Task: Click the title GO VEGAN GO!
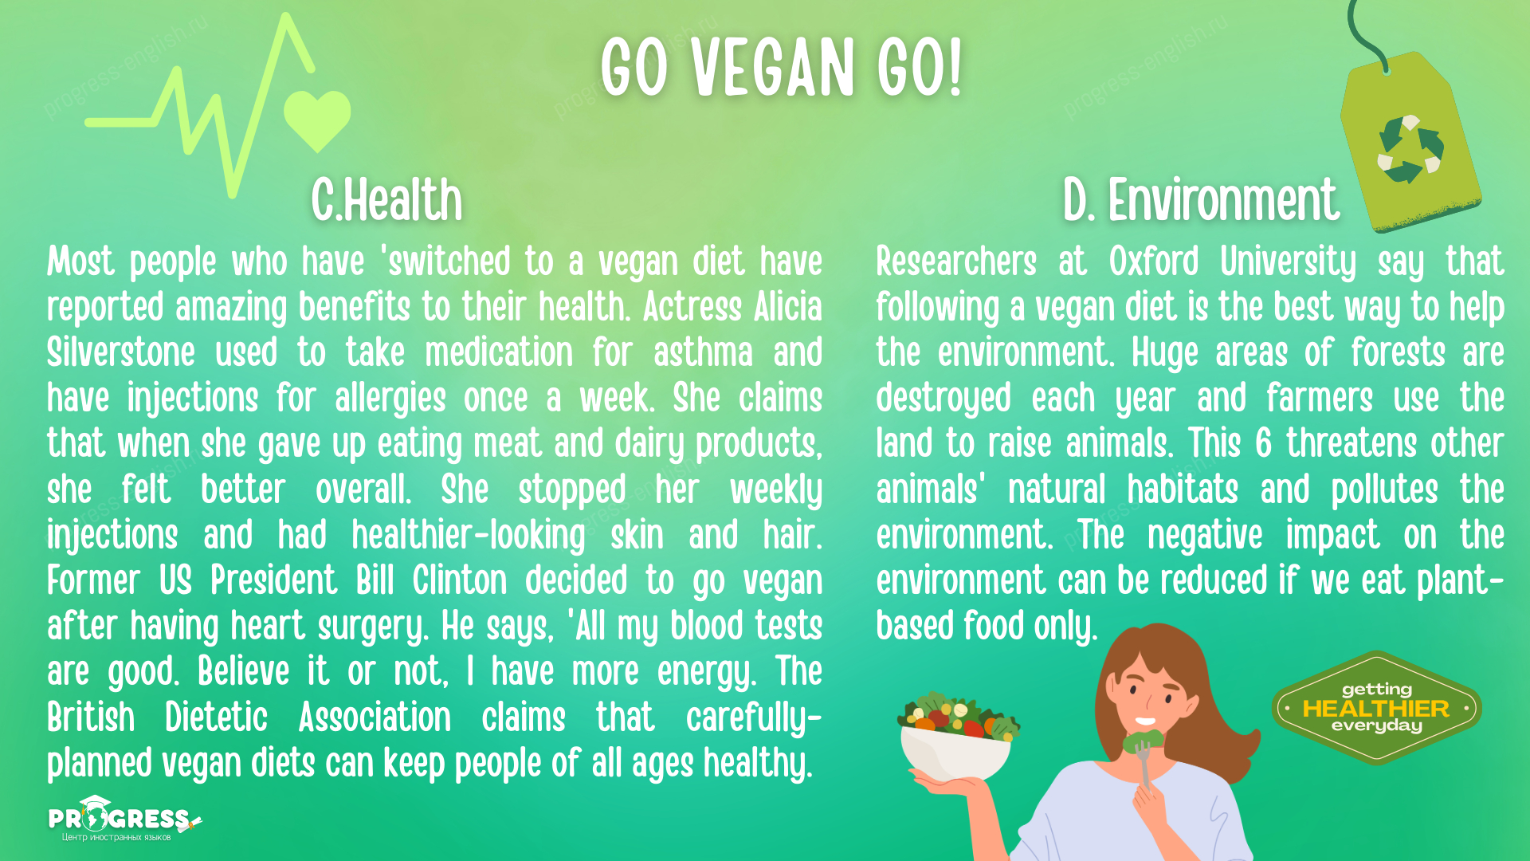[x=781, y=68]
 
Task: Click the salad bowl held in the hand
[x=956, y=737]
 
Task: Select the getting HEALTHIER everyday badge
[x=1376, y=708]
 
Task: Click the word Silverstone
[x=121, y=353]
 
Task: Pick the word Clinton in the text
[x=460, y=580]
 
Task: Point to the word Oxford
[x=1154, y=261]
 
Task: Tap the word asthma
[x=703, y=353]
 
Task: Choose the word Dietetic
[x=216, y=717]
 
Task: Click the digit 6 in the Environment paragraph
[x=1264, y=444]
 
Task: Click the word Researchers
[x=956, y=261]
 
